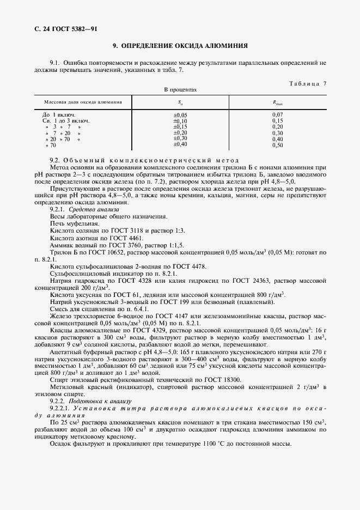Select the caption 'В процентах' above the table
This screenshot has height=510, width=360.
pos(180,89)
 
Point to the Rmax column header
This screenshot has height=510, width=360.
pos(278,102)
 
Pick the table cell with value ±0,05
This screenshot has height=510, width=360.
pos(180,115)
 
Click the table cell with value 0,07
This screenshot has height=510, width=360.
pos(278,115)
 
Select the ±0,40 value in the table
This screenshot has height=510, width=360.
pos(180,144)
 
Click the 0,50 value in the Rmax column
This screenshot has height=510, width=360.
pos(278,145)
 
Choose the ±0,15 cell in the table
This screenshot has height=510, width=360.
pos(180,126)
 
